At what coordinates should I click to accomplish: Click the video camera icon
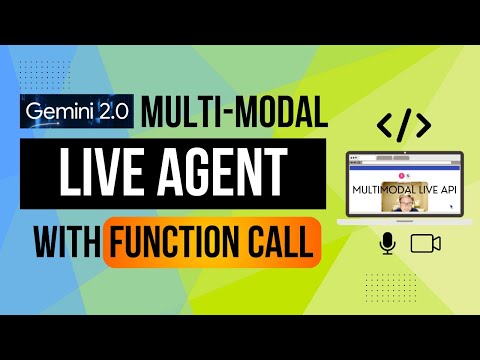[x=427, y=242]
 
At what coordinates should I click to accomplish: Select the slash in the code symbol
[x=403, y=124]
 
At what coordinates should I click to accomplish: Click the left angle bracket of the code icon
[x=384, y=125]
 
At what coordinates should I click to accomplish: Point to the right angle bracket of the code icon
[x=422, y=125]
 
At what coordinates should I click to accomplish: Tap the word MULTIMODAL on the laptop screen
[x=386, y=186]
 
